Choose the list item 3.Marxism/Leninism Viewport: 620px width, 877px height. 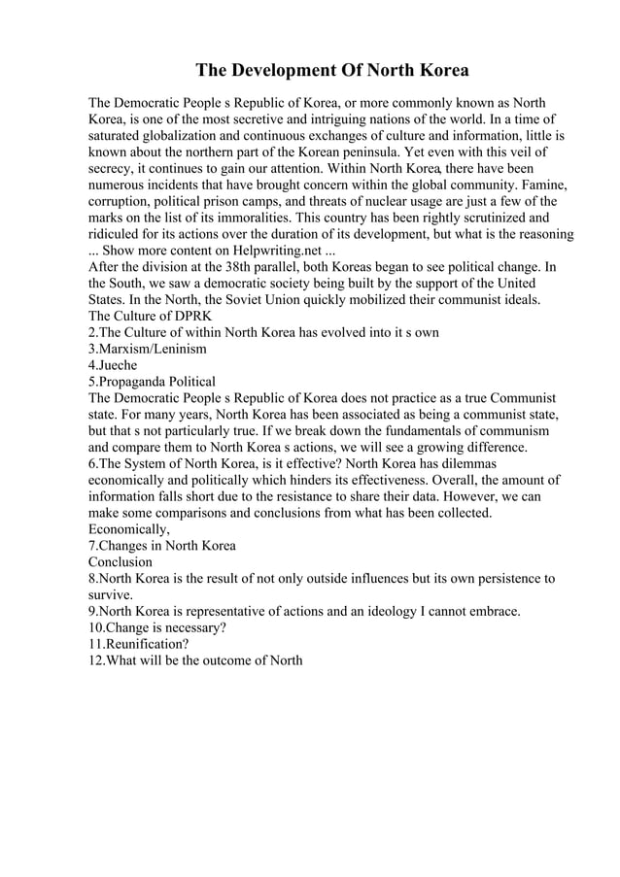pos(147,349)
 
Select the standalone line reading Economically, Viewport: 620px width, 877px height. pos(129,529)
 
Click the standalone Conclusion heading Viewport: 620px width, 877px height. pos(121,561)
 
